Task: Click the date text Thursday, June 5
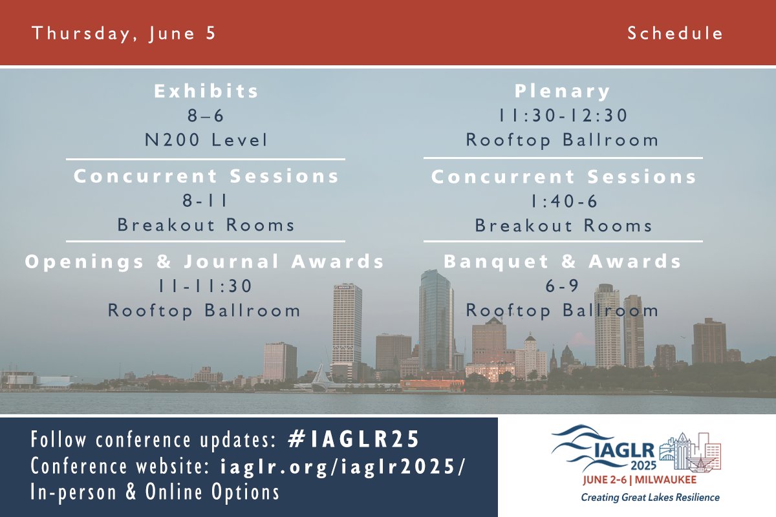124,34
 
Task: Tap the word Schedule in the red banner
675,33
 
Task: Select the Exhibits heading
206,91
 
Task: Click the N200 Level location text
206,140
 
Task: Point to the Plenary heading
562,92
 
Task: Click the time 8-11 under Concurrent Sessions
205,200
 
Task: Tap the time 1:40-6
565,201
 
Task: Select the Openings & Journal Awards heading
205,262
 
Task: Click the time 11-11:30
205,286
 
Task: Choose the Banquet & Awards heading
563,262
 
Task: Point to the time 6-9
562,286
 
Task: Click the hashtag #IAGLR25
353,439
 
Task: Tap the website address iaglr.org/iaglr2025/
342,466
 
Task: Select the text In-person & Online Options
155,492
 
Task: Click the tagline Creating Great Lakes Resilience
651,498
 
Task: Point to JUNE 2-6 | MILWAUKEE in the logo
640,480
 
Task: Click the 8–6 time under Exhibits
206,116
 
